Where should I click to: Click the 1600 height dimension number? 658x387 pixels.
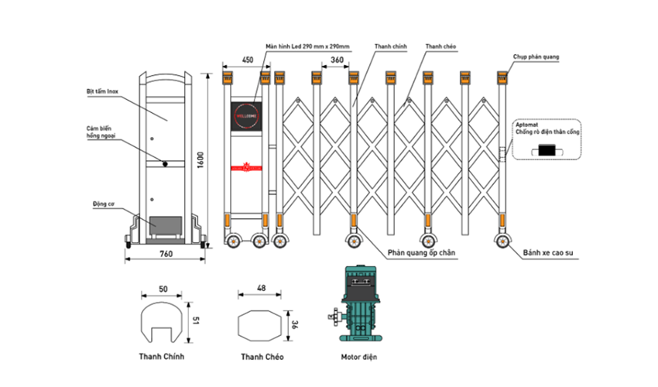200,159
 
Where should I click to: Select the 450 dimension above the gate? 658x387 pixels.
248,59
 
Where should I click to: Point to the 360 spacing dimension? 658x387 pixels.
337,59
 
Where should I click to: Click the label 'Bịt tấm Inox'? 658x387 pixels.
103,91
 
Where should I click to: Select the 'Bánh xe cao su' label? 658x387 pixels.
552,252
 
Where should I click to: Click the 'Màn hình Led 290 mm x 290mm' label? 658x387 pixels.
307,46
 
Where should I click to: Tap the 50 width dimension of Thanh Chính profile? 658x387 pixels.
163,289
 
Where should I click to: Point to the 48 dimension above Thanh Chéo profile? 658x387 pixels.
261,289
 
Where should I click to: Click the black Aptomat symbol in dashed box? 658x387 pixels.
550,149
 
